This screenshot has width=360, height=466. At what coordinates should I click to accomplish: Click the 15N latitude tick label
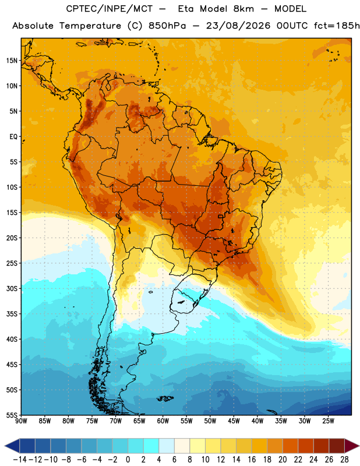(x=12, y=61)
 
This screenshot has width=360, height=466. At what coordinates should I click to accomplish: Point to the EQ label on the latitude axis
(x=13, y=136)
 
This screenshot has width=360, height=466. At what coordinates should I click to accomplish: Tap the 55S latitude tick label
(x=12, y=415)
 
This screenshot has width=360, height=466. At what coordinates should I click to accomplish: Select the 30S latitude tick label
(x=12, y=288)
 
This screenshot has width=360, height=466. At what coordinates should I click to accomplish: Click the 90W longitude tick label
(x=21, y=421)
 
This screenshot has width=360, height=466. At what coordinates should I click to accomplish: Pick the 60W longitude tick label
(x=163, y=421)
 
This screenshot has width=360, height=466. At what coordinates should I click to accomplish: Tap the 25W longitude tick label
(x=328, y=421)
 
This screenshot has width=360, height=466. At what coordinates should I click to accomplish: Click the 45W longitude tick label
(x=234, y=421)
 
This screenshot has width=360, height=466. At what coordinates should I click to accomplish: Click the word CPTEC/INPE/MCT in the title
(x=110, y=9)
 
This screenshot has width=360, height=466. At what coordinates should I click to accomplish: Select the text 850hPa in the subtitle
(x=167, y=26)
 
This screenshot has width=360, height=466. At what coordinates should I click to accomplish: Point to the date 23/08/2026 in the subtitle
(x=238, y=26)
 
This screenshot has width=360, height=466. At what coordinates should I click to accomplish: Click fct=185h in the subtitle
(x=337, y=26)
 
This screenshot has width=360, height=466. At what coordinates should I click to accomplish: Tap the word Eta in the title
(x=186, y=9)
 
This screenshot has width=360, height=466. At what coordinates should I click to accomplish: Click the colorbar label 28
(x=344, y=459)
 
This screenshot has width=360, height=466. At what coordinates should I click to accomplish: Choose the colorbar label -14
(x=20, y=459)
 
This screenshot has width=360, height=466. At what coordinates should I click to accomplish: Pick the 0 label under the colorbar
(x=128, y=459)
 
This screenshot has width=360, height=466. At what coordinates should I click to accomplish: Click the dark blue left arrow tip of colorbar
(x=5, y=446)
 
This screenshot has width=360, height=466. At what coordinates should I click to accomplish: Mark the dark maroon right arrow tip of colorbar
(x=359, y=446)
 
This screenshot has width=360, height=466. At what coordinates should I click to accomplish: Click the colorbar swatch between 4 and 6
(x=167, y=446)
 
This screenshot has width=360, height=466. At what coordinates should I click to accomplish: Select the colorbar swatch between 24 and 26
(x=321, y=446)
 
